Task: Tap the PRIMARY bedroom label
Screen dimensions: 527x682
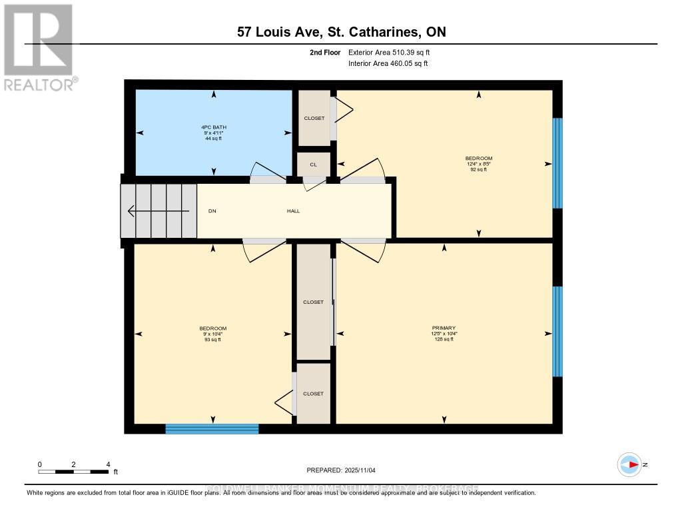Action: [x=444, y=328]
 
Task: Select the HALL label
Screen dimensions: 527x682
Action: [x=293, y=211]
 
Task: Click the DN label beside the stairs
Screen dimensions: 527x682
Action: [x=212, y=211]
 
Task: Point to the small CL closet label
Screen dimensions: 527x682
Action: [x=313, y=164]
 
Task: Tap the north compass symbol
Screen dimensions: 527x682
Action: [x=629, y=465]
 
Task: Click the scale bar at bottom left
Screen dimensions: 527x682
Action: [x=73, y=472]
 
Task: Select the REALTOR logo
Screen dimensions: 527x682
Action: [x=39, y=47]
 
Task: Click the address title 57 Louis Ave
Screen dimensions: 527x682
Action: [x=341, y=32]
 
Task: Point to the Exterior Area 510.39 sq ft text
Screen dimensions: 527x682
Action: [x=394, y=52]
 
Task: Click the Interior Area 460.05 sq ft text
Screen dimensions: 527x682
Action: [x=388, y=64]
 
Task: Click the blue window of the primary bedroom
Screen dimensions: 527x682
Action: [x=557, y=331]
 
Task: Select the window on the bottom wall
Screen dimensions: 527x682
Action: [x=212, y=428]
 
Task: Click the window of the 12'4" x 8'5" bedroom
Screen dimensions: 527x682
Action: [x=557, y=163]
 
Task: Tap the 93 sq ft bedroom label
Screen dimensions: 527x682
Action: [x=212, y=334]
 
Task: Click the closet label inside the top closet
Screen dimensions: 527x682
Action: [x=314, y=118]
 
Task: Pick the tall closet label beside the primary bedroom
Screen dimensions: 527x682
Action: [x=313, y=302]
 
